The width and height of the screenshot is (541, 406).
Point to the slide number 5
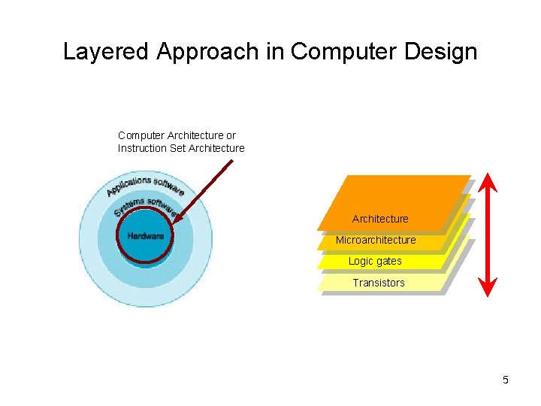pyautogui.click(x=506, y=380)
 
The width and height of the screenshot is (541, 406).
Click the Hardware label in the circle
pyautogui.click(x=145, y=235)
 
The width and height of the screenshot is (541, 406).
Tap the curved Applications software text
pyautogui.click(x=146, y=184)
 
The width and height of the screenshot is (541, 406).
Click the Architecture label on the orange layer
pyautogui.click(x=380, y=219)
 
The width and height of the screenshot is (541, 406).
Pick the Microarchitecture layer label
pyautogui.click(x=376, y=240)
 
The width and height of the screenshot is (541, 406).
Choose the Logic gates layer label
pyautogui.click(x=375, y=261)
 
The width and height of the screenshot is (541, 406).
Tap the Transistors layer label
pyautogui.click(x=379, y=283)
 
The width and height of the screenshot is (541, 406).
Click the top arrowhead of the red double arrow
pyautogui.click(x=488, y=180)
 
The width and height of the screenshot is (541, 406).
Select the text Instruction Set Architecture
pyautogui.click(x=181, y=148)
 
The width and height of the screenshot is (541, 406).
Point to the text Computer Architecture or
pyautogui.click(x=177, y=135)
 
